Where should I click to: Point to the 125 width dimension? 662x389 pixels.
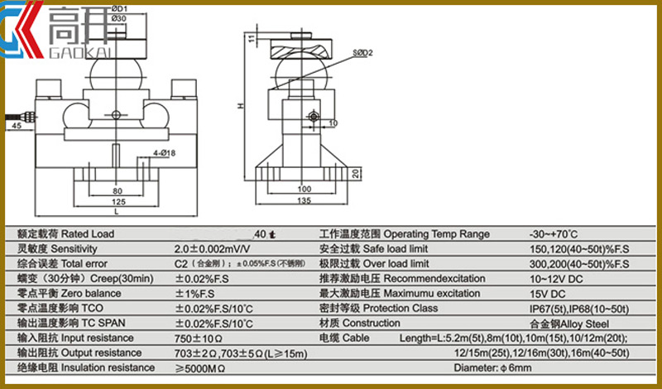(118, 201)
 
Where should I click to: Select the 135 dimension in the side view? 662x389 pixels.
(304, 201)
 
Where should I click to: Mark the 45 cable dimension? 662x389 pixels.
(17, 126)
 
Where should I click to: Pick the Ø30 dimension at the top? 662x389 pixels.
(118, 18)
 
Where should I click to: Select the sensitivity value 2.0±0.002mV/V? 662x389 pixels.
(212, 248)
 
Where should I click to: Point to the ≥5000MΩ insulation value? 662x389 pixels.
(202, 367)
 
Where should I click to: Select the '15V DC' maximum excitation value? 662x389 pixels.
(548, 293)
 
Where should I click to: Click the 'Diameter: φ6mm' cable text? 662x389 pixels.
(493, 367)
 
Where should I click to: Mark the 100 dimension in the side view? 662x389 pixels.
(304, 189)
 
